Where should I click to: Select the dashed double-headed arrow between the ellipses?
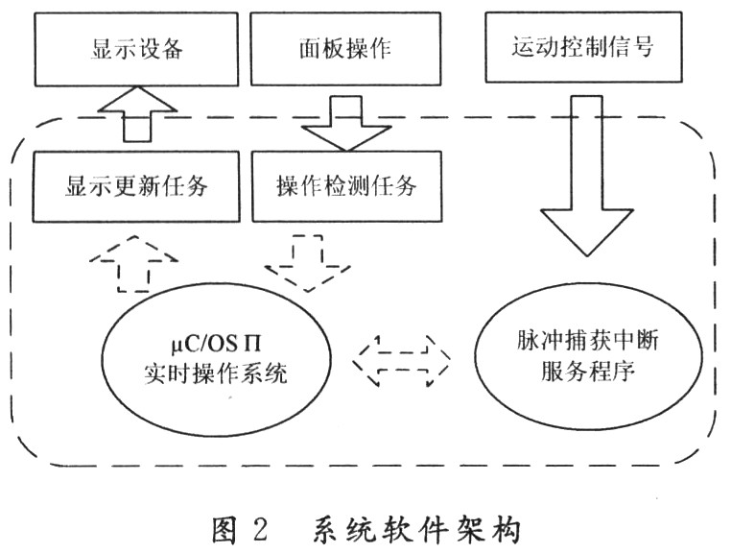[402, 358]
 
